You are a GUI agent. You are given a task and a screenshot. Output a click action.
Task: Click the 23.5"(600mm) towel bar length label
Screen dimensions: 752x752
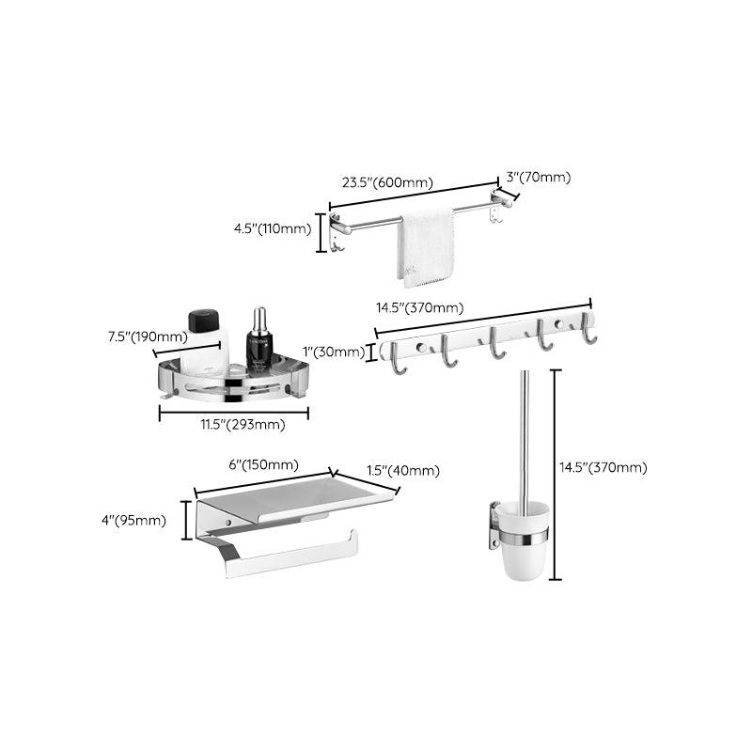pyautogui.click(x=382, y=183)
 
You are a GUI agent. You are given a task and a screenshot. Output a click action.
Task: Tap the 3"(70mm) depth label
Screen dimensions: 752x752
pyautogui.click(x=538, y=177)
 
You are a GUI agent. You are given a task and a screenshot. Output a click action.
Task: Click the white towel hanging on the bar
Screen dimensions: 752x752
pyautogui.click(x=426, y=245)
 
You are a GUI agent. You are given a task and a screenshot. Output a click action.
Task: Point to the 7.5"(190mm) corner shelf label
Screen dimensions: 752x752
pyautogui.click(x=148, y=337)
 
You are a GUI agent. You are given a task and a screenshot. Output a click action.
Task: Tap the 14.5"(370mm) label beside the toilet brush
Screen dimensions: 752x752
pyautogui.click(x=603, y=467)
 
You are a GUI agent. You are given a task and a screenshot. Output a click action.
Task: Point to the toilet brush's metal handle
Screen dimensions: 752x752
pyautogui.click(x=525, y=432)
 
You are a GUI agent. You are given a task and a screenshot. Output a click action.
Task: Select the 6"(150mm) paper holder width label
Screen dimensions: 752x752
pyautogui.click(x=264, y=464)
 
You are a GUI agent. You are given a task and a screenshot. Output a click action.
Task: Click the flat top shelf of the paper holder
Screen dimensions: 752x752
pyautogui.click(x=291, y=496)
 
